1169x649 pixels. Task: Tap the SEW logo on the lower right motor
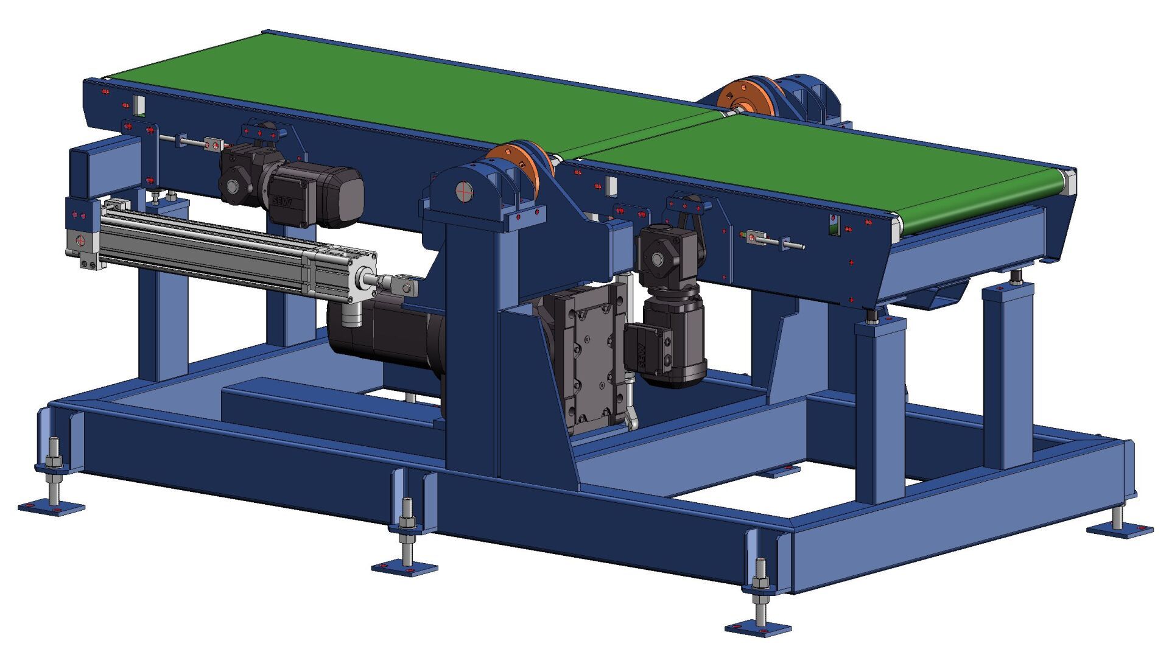[x=641, y=356]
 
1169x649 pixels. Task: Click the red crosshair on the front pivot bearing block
[x=464, y=191]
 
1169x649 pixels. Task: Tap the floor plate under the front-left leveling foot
[x=51, y=507]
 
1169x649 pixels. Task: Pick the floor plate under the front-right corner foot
[x=758, y=628]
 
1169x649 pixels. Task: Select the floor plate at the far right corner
[x=1120, y=531]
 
